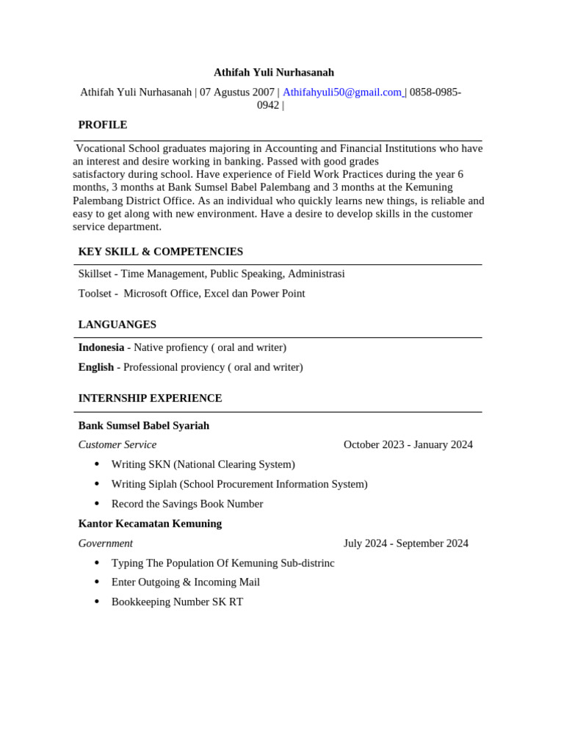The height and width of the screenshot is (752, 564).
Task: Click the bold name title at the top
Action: pos(273,73)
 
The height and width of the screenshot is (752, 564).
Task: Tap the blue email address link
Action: pos(342,93)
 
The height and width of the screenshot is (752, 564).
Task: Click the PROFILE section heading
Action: pos(103,125)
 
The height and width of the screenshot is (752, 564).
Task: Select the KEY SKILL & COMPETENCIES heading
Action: pos(160,252)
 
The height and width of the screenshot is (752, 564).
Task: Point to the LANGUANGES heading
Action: pos(117,325)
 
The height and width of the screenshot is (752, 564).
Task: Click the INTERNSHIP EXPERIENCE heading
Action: pos(150,398)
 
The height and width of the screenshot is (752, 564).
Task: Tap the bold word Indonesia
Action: pos(101,347)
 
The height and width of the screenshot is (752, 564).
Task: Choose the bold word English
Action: pos(95,367)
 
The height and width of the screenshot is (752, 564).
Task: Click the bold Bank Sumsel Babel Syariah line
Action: pos(143,426)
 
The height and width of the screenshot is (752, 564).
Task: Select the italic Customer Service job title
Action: pos(117,445)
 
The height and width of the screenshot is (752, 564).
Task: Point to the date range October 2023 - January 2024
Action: pos(408,445)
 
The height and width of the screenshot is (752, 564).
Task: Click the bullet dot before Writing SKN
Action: pos(97,464)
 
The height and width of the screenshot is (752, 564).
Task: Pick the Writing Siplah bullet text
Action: pos(239,485)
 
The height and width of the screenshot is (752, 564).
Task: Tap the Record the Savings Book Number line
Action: pos(187,504)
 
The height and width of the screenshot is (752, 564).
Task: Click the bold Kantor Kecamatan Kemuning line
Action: pos(150,524)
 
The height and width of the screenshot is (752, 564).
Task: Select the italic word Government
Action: pos(105,543)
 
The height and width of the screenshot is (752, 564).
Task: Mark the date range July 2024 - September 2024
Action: pos(405,543)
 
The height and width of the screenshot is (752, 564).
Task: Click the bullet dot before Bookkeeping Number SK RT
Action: pos(97,601)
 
